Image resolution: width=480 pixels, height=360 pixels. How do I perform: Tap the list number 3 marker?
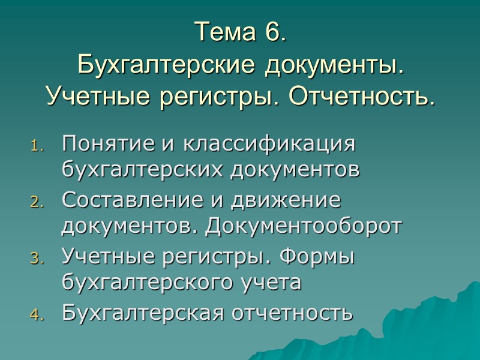pyautogui.click(x=37, y=259)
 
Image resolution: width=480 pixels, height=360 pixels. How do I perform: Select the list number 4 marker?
pyautogui.click(x=37, y=316)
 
